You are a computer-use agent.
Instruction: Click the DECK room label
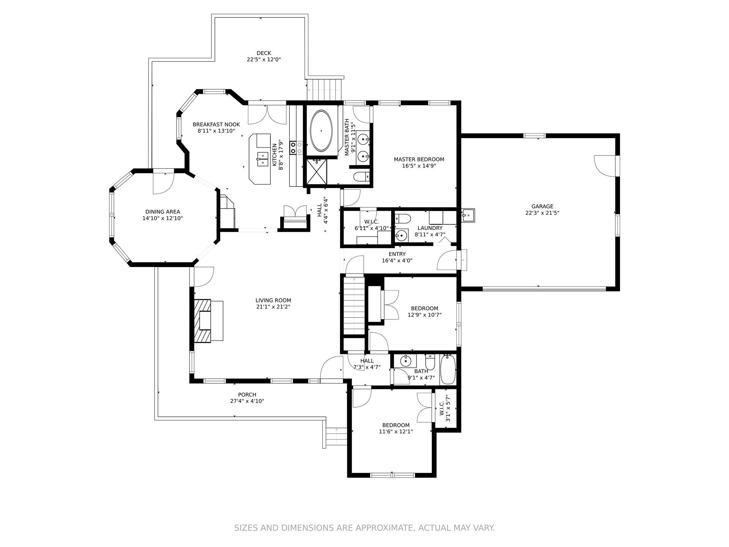(x=264, y=53)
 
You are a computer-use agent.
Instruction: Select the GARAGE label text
(x=542, y=207)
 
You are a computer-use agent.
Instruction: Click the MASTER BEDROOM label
(x=419, y=160)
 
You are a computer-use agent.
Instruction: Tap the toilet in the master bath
(x=361, y=177)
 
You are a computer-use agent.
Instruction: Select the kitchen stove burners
(x=296, y=148)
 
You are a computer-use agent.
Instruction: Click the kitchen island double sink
(x=263, y=159)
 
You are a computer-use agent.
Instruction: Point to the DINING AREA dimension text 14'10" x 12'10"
(x=163, y=218)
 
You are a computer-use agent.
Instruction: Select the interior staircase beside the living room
(x=354, y=306)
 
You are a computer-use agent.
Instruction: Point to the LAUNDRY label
(x=430, y=228)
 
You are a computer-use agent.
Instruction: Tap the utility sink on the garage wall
(x=468, y=215)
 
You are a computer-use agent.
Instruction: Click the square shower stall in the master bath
(x=317, y=172)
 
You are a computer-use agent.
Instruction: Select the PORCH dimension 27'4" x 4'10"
(x=247, y=401)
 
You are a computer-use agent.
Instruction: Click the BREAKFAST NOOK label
(x=216, y=125)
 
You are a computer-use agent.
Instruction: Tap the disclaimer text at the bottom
(x=364, y=528)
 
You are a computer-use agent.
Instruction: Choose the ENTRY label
(x=397, y=254)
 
